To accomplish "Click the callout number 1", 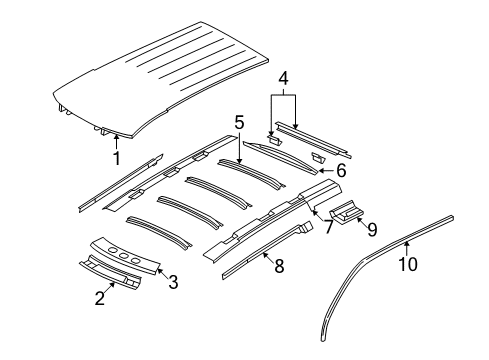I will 116,158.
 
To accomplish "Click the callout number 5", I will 239,122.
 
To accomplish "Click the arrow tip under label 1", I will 116,136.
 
